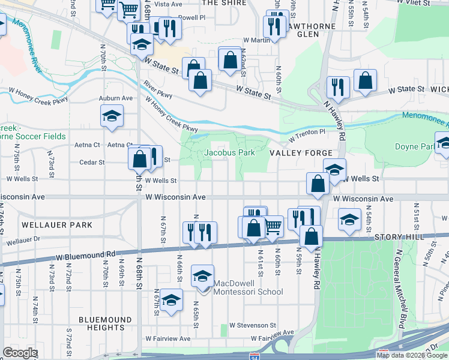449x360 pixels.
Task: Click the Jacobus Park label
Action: click(229, 152)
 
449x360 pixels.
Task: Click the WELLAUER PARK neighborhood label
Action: click(57, 225)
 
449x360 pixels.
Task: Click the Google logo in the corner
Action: click(20, 353)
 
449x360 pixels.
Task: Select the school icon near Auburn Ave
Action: click(111, 116)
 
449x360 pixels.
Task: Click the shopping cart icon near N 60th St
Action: click(273, 226)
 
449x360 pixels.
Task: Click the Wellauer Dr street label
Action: click(23, 241)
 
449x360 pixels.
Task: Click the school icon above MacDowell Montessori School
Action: click(202, 275)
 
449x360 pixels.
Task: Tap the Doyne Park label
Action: click(414, 146)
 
